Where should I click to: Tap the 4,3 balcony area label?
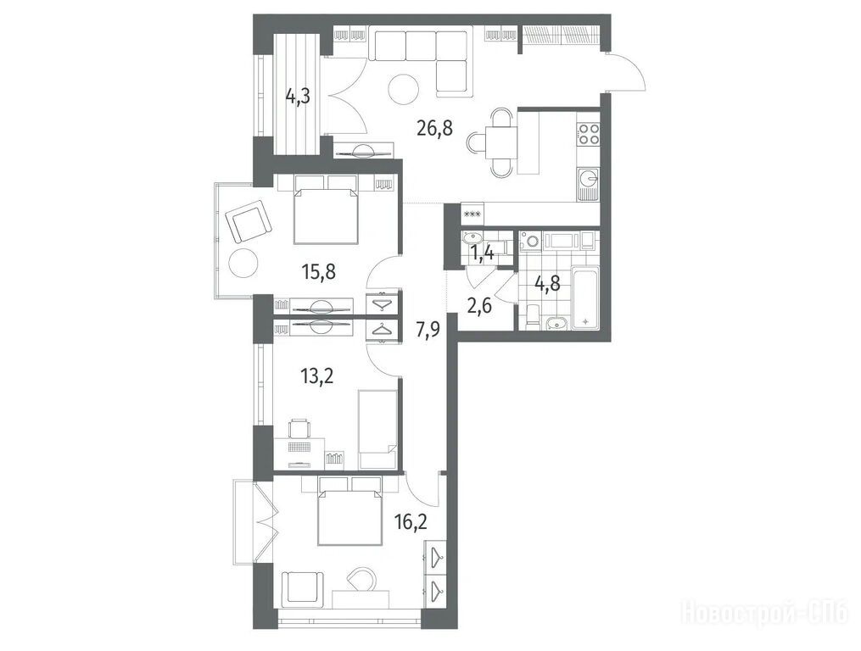298,97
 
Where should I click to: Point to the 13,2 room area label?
317,376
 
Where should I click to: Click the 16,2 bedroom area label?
411,519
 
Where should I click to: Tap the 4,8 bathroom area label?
547,284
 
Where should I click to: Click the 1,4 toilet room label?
482,253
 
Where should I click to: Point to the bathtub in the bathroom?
584,298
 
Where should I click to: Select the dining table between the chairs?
501,142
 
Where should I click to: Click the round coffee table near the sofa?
404,89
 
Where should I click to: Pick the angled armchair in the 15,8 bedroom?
249,222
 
